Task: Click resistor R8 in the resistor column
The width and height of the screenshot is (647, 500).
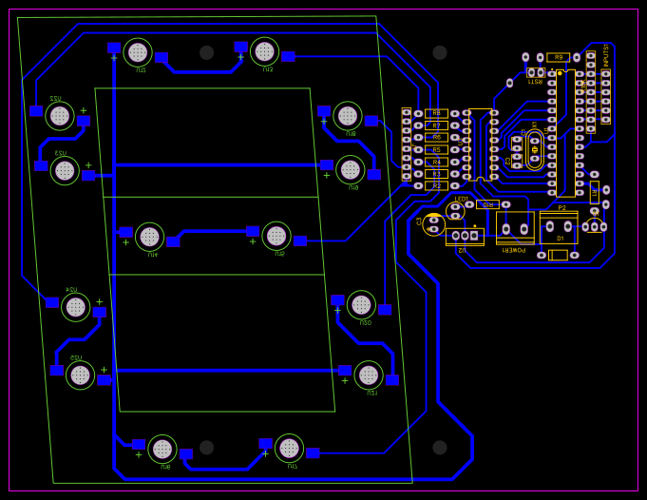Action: pyautogui.click(x=436, y=113)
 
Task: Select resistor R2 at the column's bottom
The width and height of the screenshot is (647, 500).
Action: pyautogui.click(x=436, y=185)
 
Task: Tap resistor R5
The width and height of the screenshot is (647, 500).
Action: pyautogui.click(x=436, y=149)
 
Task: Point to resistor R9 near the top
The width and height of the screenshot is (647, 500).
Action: pyautogui.click(x=559, y=57)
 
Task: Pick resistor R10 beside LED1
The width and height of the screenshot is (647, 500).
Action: pyautogui.click(x=487, y=204)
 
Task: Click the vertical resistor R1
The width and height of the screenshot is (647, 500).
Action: pyautogui.click(x=595, y=192)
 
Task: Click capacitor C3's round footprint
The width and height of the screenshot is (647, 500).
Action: pyautogui.click(x=434, y=224)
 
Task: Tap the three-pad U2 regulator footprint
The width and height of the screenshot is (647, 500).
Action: pyautogui.click(x=465, y=236)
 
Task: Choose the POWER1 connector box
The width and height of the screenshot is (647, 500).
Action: pyautogui.click(x=515, y=228)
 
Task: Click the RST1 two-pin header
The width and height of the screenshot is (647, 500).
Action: pyautogui.click(x=536, y=72)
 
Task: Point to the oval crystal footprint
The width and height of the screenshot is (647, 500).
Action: pyautogui.click(x=535, y=149)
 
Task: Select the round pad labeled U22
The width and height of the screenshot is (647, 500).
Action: pyautogui.click(x=60, y=116)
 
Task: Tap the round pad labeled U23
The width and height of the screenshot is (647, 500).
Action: pyautogui.click(x=65, y=170)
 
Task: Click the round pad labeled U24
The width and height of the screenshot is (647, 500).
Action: pyautogui.click(x=75, y=307)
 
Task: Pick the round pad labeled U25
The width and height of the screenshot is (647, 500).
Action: pyautogui.click(x=80, y=375)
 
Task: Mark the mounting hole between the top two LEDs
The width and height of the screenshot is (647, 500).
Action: pyautogui.click(x=207, y=52)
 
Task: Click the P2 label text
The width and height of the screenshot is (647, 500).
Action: pyautogui.click(x=561, y=207)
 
